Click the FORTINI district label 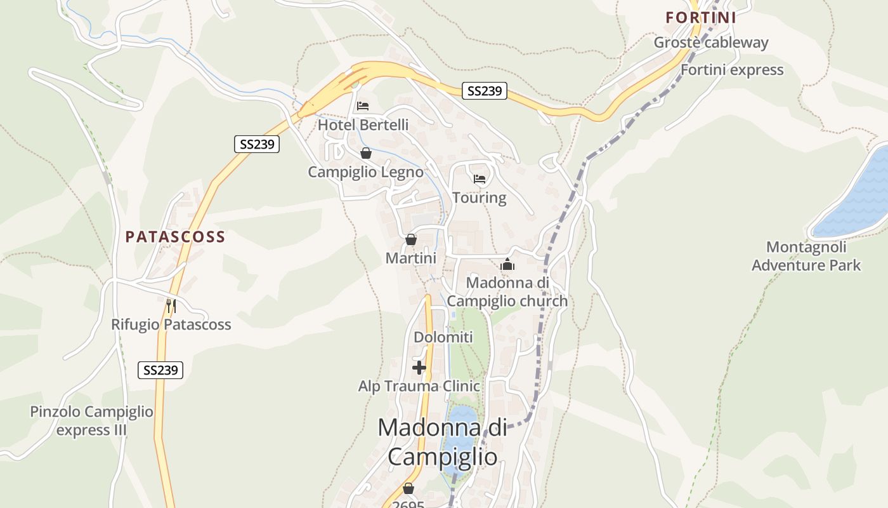click(x=701, y=18)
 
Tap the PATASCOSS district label click(x=175, y=237)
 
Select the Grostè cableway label click(x=711, y=43)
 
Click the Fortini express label click(x=732, y=70)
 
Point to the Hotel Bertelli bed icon click(x=363, y=105)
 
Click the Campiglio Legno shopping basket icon click(x=365, y=153)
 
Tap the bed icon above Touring click(x=480, y=179)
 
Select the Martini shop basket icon click(x=411, y=239)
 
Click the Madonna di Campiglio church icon click(x=507, y=264)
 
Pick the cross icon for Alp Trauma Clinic click(x=419, y=368)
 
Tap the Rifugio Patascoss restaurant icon click(x=171, y=305)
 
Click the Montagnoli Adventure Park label click(x=806, y=256)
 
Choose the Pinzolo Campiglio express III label click(x=92, y=420)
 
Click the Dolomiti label click(x=443, y=337)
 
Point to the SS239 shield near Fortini click(x=485, y=91)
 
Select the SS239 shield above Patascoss click(x=257, y=144)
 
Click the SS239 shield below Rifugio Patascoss click(x=160, y=370)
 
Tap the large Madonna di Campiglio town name click(x=443, y=441)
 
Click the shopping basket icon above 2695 click(x=408, y=489)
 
